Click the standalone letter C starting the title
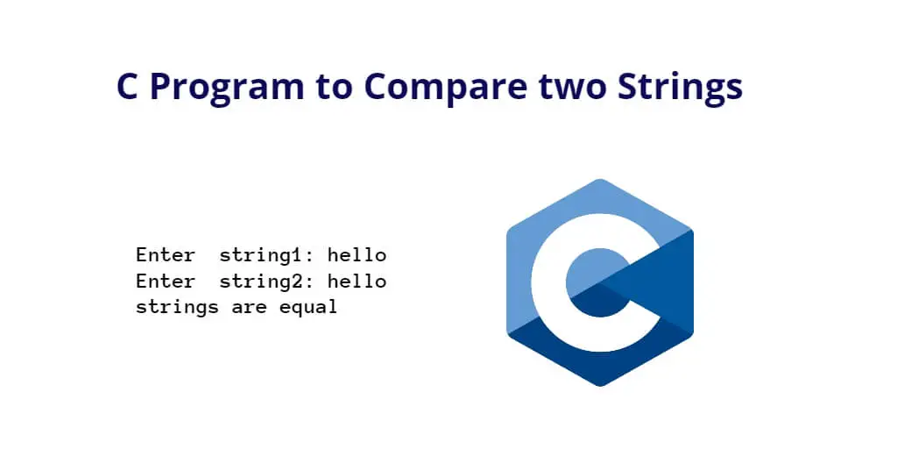click(128, 87)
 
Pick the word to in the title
click(334, 88)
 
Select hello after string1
click(357, 255)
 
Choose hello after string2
click(357, 282)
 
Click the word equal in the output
click(308, 308)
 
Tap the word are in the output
click(249, 309)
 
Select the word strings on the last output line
click(177, 308)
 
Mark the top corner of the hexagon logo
click(600, 179)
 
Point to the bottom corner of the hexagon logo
click(600, 386)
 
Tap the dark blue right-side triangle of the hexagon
click(669, 282)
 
